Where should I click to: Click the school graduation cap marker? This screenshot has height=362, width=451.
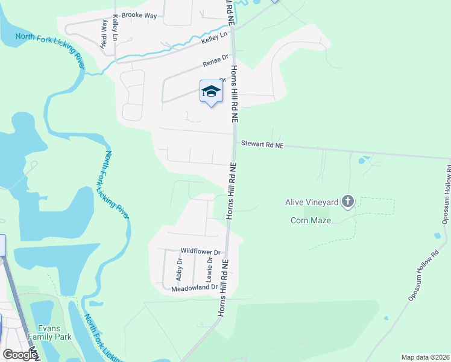[210, 91]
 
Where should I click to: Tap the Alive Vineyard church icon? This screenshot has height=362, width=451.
[347, 202]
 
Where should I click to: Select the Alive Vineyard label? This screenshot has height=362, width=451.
[311, 202]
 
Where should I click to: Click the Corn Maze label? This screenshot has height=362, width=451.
[311, 220]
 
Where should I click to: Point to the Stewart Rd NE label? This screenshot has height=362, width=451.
[262, 145]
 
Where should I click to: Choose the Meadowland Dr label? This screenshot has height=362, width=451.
[194, 288]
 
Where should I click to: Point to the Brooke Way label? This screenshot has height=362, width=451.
[139, 15]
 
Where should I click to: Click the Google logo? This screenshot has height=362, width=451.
[19, 355]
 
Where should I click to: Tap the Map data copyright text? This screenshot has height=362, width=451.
[424, 357]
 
